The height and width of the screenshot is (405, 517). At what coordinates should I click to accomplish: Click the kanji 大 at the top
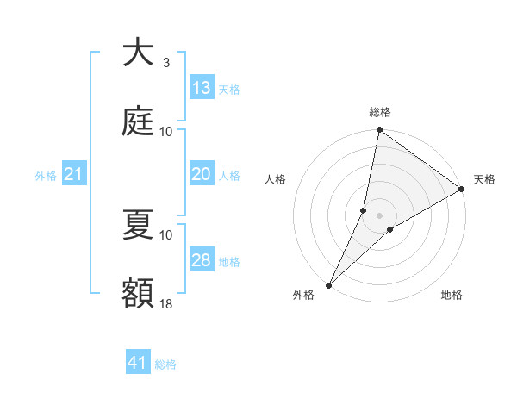point(138,53)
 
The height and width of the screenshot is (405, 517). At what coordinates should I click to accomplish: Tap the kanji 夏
point(138,225)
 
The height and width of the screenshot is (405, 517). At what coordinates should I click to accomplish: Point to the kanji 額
point(138,294)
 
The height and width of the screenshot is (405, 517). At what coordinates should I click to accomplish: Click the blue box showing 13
point(202,87)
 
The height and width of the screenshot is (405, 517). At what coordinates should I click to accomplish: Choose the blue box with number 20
point(202,174)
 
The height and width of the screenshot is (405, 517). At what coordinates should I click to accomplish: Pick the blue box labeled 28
point(202,260)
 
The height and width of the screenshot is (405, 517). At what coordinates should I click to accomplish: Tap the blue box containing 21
point(74,174)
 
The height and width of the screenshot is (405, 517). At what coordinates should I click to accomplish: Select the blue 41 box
point(138,363)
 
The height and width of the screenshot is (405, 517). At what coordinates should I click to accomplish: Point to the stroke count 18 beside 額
point(166,303)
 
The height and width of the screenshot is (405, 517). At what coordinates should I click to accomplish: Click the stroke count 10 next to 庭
point(166,131)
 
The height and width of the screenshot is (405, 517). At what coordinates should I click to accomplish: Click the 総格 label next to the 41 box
point(166,364)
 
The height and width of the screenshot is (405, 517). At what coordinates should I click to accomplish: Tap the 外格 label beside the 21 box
point(46,176)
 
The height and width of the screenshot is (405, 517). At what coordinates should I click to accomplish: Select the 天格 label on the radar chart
point(484,179)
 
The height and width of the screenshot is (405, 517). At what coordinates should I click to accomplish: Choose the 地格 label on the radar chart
point(452,295)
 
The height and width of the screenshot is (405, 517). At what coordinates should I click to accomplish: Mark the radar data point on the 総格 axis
point(379,131)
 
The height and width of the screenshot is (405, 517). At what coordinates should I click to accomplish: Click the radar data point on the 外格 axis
point(328,284)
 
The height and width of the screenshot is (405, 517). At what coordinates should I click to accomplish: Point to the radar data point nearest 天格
point(462,190)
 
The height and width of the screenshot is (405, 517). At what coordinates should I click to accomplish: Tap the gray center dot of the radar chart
point(379,215)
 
